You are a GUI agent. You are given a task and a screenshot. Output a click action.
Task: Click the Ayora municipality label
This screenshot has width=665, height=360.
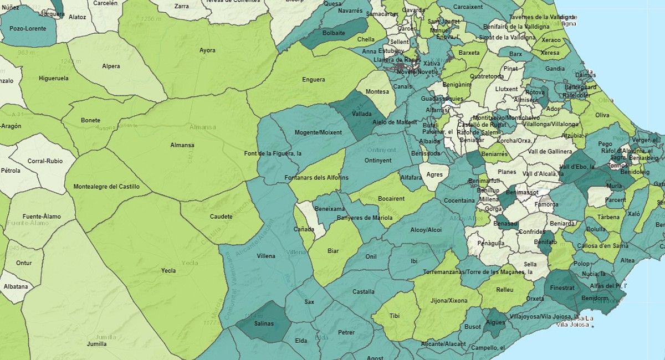tap(207, 50)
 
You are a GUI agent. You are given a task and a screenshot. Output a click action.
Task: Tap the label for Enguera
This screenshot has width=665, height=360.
tap(313, 80)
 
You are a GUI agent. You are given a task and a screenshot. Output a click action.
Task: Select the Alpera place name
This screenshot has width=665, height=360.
tap(111, 66)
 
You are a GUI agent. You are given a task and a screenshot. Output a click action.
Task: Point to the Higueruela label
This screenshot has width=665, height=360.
tap(54, 79)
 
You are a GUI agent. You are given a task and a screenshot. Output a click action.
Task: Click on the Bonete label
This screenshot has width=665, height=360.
tap(90, 120)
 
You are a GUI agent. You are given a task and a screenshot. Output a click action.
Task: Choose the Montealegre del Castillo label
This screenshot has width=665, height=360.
tap(106, 187)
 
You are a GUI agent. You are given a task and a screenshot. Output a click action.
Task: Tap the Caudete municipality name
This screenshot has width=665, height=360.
tap(222, 217)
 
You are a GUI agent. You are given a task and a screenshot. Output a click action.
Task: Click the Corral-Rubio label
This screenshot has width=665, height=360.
tap(42, 161)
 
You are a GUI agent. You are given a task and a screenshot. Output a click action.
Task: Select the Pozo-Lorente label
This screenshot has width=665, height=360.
tap(28, 28)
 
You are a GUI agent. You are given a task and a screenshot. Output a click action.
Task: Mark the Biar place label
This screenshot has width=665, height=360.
tap(333, 251)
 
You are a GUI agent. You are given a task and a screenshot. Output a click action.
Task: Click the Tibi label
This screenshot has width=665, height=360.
tap(394, 316)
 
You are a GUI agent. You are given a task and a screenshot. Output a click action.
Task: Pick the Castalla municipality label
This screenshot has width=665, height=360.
tap(363, 291)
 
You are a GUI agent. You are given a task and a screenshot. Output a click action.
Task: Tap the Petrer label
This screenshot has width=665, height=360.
tap(346, 332)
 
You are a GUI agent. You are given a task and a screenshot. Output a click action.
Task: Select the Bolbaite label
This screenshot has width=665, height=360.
tap(334, 33)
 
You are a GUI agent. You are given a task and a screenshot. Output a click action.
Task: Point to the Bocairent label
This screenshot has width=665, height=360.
tap(391, 198)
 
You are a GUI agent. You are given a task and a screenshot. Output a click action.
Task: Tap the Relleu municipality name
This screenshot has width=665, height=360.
tap(505, 290)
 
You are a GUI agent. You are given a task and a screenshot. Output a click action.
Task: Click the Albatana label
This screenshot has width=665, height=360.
tap(16, 287)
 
